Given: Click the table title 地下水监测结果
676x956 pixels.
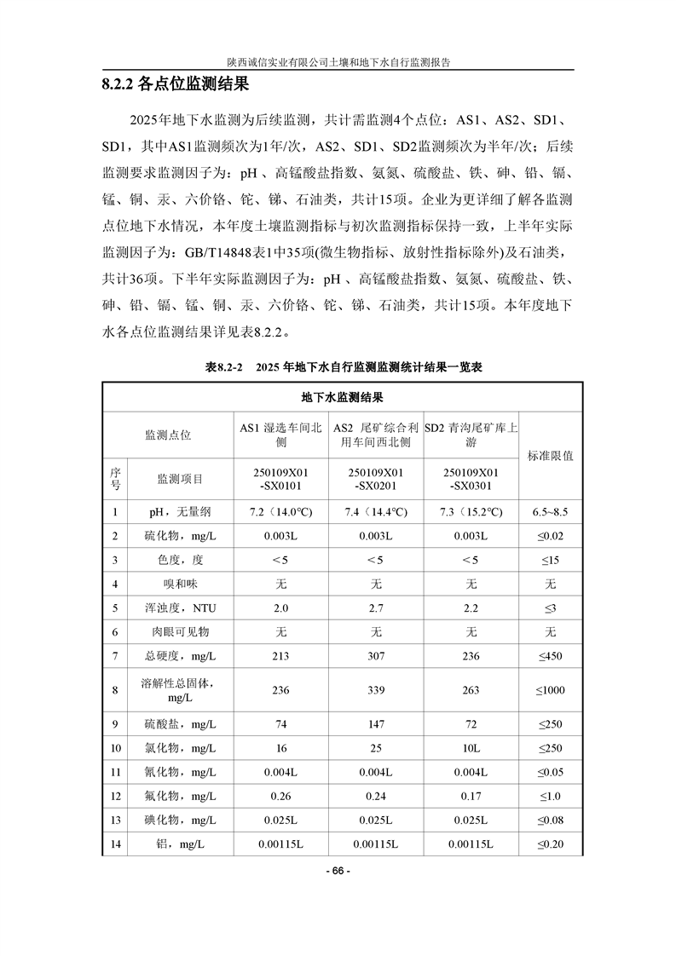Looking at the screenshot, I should pyautogui.click(x=342, y=397).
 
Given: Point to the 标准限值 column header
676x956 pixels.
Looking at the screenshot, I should pyautogui.click(x=551, y=455).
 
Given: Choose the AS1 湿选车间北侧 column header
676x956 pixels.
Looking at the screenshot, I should pyautogui.click(x=280, y=435).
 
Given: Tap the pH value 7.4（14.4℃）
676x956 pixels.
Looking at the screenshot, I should pyautogui.click(x=375, y=512).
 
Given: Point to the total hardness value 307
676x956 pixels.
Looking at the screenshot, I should pyautogui.click(x=375, y=655).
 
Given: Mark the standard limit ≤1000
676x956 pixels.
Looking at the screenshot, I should pyautogui.click(x=551, y=690).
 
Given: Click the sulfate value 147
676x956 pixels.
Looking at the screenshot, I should pyautogui.click(x=375, y=724).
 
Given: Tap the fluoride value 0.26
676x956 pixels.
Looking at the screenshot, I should pyautogui.click(x=280, y=796).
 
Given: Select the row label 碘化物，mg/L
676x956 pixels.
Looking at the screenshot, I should pyautogui.click(x=180, y=820).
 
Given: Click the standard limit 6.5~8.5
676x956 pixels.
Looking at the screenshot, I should pyautogui.click(x=551, y=512).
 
